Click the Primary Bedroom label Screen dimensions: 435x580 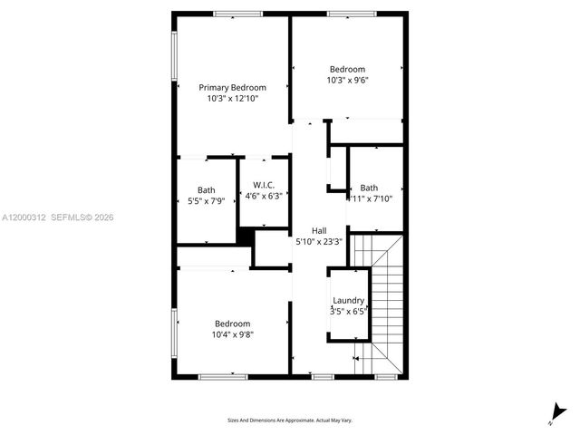233,87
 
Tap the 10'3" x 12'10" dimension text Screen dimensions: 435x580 233,98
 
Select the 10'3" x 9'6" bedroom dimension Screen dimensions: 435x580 347,80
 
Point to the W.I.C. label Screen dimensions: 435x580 263,184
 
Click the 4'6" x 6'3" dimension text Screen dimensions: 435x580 263,195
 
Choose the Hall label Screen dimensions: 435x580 319,231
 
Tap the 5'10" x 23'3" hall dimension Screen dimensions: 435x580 319,242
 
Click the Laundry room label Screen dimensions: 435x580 348,301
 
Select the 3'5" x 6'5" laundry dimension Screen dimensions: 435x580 348,312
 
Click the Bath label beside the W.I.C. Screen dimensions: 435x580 207,189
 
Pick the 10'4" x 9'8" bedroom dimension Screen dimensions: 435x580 233,334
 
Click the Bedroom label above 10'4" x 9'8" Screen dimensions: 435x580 233,324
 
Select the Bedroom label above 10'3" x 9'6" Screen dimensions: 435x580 347,69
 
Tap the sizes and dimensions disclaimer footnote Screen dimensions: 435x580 290,420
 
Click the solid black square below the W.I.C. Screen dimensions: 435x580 244,235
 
